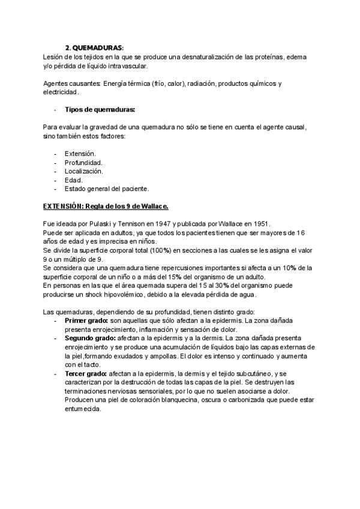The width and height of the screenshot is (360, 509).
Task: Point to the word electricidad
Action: point(61,92)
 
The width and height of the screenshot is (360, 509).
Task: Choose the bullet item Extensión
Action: point(80,154)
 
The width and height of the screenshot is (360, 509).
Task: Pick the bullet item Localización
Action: point(84,171)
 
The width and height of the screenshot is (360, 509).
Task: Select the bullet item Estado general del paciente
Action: point(105,188)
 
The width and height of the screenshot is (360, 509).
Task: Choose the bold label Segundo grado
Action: point(89,339)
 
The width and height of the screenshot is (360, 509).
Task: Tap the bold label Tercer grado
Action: point(86,374)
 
